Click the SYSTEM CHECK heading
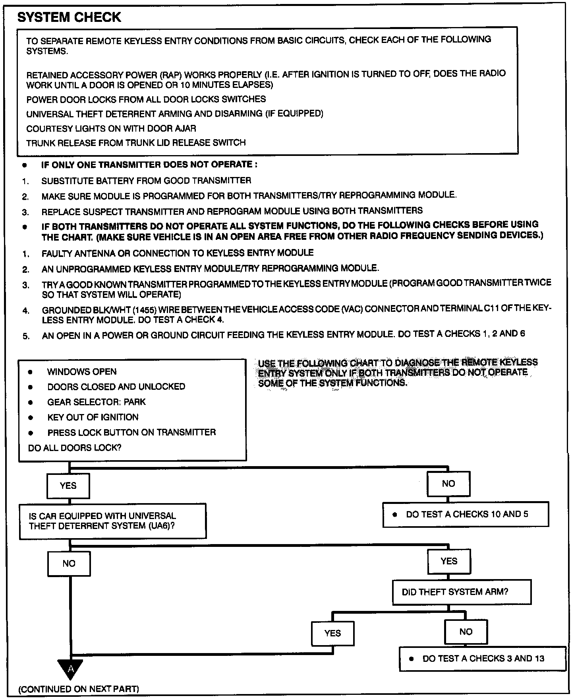[x=70, y=17]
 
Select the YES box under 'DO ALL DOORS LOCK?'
[x=68, y=486]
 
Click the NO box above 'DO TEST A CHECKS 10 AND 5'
[x=448, y=484]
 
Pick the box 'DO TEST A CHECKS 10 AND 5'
[x=466, y=514]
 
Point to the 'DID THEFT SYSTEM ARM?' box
[x=461, y=592]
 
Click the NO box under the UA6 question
[x=69, y=563]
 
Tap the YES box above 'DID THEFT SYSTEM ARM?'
[x=448, y=561]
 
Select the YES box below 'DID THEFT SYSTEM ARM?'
[x=332, y=633]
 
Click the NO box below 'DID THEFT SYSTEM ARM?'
[x=466, y=632]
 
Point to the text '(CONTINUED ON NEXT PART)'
[x=79, y=688]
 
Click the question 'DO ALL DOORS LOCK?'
[x=75, y=447]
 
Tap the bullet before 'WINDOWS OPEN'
[x=30, y=372]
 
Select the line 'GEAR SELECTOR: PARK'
[x=97, y=402]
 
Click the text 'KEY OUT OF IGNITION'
[x=93, y=417]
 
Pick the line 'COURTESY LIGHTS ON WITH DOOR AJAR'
[x=111, y=128]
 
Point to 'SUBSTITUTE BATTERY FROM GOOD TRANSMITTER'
[x=146, y=181]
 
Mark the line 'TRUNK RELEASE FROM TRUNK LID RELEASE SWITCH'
[x=136, y=143]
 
